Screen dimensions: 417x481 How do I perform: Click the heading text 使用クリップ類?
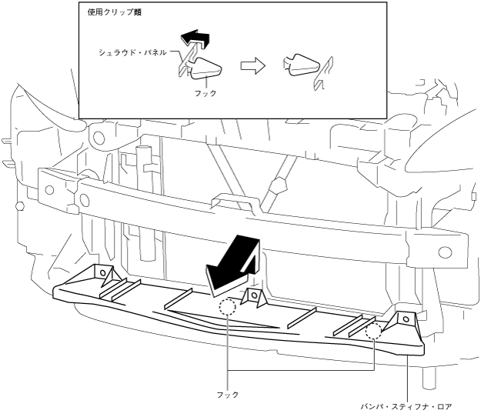[x=109, y=13]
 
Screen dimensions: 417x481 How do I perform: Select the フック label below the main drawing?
[x=229, y=395]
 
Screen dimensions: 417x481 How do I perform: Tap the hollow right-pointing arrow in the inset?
[x=252, y=67]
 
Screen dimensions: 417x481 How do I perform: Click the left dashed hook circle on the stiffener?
[x=226, y=308]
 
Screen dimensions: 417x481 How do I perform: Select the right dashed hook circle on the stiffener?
[x=374, y=332]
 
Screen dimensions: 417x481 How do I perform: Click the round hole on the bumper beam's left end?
[x=51, y=189]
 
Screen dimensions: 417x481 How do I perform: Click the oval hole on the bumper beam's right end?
[x=444, y=252]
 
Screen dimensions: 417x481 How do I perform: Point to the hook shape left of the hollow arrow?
[x=205, y=69]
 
